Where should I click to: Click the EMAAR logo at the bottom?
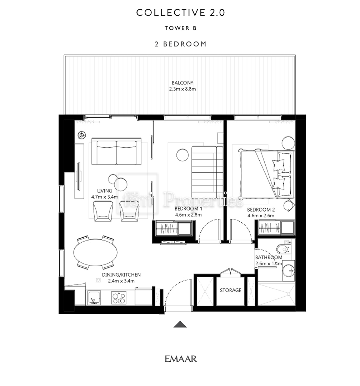[181, 359]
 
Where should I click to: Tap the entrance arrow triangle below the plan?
[180, 325]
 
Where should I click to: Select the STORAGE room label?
[231, 290]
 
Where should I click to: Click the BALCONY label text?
[182, 83]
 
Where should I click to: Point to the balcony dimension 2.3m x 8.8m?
[182, 89]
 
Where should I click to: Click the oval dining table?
[95, 252]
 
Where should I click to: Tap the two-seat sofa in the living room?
[116, 152]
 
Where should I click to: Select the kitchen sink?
[94, 298]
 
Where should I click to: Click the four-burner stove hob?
[119, 298]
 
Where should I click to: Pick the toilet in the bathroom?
[283, 249]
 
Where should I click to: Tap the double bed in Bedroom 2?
[266, 174]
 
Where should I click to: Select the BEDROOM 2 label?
[261, 210]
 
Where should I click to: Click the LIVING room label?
[105, 191]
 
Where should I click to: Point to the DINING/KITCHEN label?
[121, 275]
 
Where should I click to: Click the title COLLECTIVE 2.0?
[181, 13]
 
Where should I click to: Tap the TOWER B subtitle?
[181, 28]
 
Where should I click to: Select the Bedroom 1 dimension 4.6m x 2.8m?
[189, 215]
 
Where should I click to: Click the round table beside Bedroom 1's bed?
[182, 155]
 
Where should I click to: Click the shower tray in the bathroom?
[276, 295]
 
